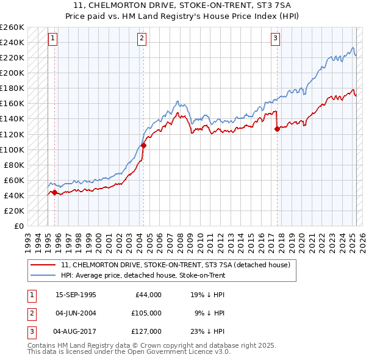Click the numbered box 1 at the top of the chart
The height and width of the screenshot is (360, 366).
tap(53, 38)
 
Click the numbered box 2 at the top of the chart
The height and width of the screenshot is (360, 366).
tap(142, 38)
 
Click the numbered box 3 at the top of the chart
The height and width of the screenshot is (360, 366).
tap(275, 38)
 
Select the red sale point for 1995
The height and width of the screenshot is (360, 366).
tap(54, 192)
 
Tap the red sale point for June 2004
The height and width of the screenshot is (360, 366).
tap(144, 145)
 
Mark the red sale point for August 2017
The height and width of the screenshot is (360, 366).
tap(277, 129)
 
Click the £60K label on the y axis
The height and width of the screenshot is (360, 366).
tap(14, 180)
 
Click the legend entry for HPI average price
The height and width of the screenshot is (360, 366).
tap(144, 275)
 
